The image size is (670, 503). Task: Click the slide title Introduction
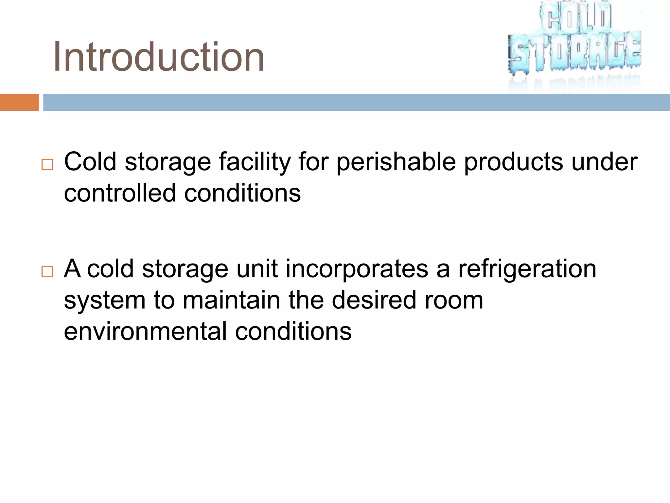coord(159,57)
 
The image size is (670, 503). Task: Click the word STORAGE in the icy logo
coord(574,52)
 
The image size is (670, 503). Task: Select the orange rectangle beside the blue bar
coord(19,102)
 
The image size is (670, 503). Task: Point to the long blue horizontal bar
coord(356,102)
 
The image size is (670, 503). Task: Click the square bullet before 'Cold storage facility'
coord(47,164)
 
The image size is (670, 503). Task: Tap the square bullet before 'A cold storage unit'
coord(47,271)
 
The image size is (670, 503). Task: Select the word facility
coord(255,162)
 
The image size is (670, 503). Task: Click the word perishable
coord(396,162)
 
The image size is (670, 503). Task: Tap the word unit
coord(257,269)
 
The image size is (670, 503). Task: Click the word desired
coord(374,300)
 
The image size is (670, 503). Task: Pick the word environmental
coord(145,331)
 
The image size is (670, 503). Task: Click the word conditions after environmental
coord(293,331)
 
